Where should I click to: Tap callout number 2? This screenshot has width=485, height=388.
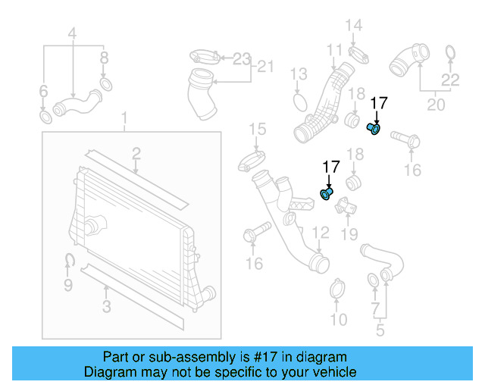pyautogui.click(x=136, y=155)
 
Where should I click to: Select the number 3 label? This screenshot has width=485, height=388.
pyautogui.click(x=107, y=306)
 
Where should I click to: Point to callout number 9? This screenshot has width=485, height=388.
pyautogui.click(x=67, y=286)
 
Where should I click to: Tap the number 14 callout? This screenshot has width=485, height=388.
pyautogui.click(x=355, y=27)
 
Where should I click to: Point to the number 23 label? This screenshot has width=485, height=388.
pyautogui.click(x=241, y=58)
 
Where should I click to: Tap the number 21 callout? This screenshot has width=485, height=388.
pyautogui.click(x=264, y=67)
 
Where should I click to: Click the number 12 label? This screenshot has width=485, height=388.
pyautogui.click(x=321, y=232)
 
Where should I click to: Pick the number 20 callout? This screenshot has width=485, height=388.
pyautogui.click(x=436, y=105)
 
